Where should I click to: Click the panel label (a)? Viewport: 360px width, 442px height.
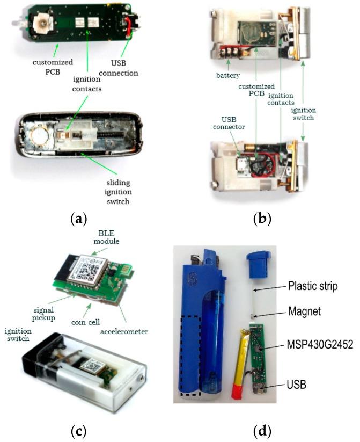click(x=78, y=219)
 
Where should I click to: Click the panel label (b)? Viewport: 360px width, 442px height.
click(x=262, y=219)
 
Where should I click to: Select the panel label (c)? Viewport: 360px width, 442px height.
click(x=78, y=430)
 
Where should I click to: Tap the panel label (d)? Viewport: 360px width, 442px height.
click(x=262, y=430)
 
